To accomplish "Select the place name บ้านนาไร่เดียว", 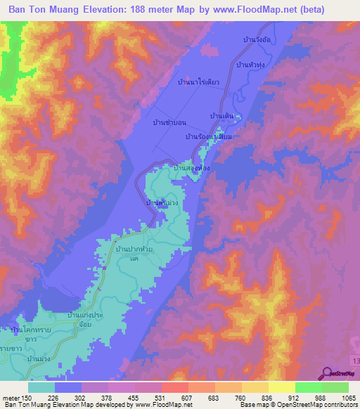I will tap(200, 83).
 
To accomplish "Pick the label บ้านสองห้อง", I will tap(192, 169).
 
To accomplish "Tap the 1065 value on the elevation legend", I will tap(348, 398).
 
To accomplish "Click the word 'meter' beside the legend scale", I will tap(10, 398).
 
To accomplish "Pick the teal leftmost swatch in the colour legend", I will tap(41, 387).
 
